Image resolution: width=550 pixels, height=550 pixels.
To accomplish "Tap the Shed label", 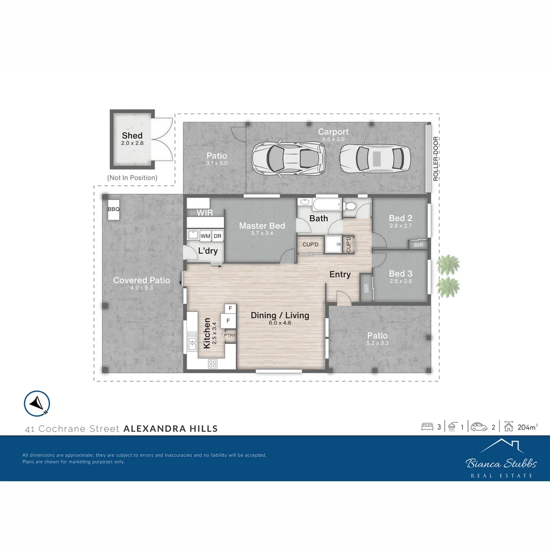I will click(132, 136).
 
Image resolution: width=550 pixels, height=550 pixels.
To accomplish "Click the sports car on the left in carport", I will click(287, 157).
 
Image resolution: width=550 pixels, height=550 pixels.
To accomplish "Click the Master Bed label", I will click(262, 226).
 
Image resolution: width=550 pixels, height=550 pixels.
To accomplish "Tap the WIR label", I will click(205, 213).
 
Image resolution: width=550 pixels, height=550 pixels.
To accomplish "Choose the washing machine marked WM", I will click(205, 236).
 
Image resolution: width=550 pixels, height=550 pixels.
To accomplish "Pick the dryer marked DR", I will click(217, 236).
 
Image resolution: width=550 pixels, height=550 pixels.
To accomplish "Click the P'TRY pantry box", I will click(230, 335).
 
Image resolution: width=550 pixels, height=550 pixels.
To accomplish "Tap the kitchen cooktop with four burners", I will click(212, 364).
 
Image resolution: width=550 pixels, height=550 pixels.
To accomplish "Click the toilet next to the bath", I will click(350, 206).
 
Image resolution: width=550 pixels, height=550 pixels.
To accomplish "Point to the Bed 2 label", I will click(400, 217).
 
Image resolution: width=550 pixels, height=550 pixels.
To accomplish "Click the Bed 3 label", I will click(400, 274).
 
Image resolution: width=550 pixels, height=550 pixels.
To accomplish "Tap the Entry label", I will click(340, 274).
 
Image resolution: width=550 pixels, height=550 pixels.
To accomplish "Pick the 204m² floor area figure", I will click(528, 427).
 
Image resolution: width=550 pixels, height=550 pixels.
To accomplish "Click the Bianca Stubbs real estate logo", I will click(501, 459).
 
